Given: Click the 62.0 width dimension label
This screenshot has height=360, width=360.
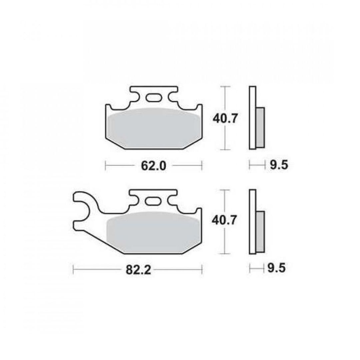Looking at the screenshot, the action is click(x=153, y=166).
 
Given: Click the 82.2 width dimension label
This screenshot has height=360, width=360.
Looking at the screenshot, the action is click(x=138, y=270).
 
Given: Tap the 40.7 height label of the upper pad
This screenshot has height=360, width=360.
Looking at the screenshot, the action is click(x=224, y=119).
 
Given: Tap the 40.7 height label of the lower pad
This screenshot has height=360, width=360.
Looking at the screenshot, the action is click(x=224, y=221).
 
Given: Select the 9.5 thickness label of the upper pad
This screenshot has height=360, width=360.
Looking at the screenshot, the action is click(x=279, y=165).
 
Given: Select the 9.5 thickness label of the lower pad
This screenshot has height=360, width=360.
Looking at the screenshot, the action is click(x=276, y=268).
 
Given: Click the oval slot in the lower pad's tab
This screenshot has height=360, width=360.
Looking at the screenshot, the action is click(x=153, y=201).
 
